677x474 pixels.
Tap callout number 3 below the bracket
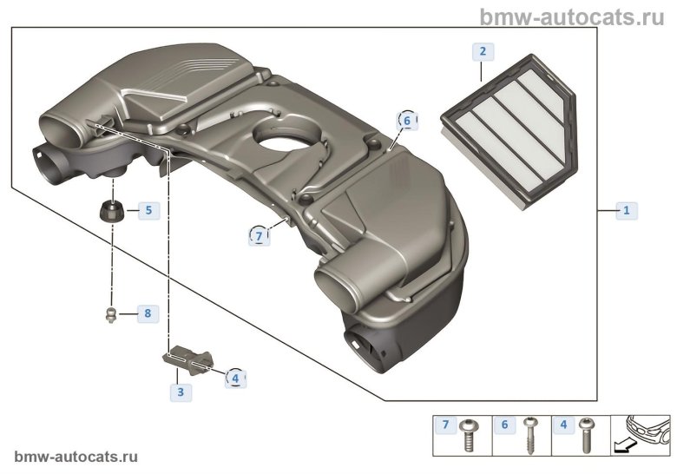pos(181,392)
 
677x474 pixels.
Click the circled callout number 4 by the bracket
pos(234,378)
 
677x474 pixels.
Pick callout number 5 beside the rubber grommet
pos(148,210)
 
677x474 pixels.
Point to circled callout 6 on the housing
pos(406,122)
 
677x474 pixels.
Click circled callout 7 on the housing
pos(258,235)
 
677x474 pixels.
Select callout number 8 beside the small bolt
pos(148,313)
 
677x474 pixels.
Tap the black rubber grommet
pos(111,211)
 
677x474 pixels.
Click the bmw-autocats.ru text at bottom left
pos(76,457)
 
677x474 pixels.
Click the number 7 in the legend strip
pos(446,425)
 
